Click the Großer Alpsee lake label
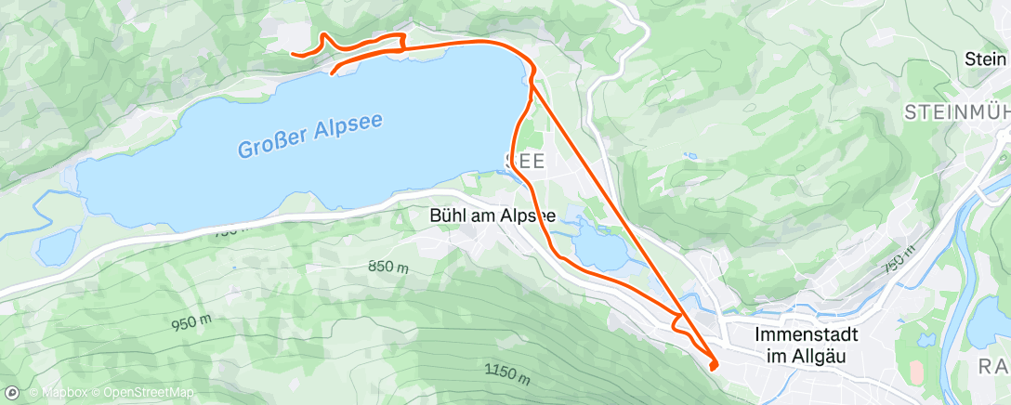309,135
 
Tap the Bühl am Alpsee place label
492,215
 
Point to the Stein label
986,59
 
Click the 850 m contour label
388,267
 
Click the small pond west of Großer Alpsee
58,246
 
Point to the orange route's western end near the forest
293,55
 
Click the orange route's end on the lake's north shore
332,72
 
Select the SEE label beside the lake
525,161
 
